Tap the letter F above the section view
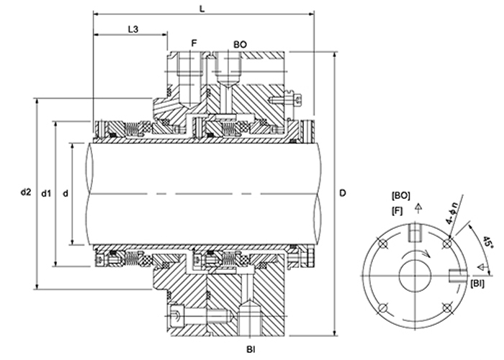click(194, 44)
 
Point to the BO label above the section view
click(240, 44)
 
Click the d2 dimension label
click(26, 192)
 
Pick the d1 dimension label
click(46, 193)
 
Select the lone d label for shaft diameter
click(66, 193)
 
